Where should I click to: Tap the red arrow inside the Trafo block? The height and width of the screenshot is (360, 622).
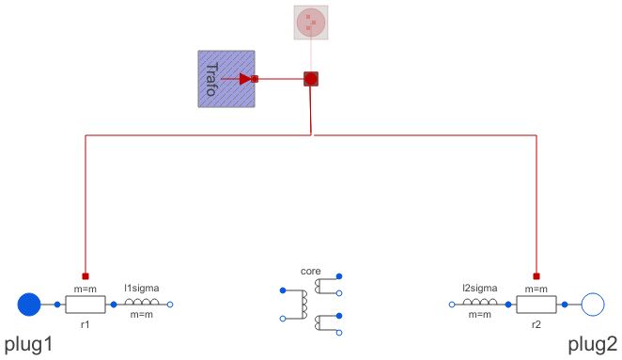click(x=245, y=79)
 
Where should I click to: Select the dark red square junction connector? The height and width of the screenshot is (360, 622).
click(x=311, y=79)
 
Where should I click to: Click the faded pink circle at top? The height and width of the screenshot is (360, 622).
click(x=311, y=23)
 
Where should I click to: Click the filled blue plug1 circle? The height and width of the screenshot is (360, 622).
click(x=30, y=304)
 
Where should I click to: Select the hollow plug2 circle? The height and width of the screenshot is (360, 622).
click(x=592, y=304)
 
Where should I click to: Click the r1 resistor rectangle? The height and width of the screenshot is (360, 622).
click(x=86, y=304)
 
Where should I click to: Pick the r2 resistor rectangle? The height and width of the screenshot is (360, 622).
click(x=536, y=304)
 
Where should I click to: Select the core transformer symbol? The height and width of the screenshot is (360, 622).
click(x=311, y=305)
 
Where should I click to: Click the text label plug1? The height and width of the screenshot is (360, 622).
click(x=27, y=343)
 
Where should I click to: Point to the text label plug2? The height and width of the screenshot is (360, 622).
click(x=594, y=343)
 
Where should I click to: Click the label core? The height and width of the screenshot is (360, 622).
click(x=311, y=270)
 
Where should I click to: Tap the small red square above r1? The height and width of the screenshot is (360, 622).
click(x=86, y=276)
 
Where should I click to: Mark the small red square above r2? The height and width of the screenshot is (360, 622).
click(x=536, y=276)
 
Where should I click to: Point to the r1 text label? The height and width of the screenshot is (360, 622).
click(x=86, y=321)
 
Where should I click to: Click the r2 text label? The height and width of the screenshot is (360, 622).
click(x=536, y=321)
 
